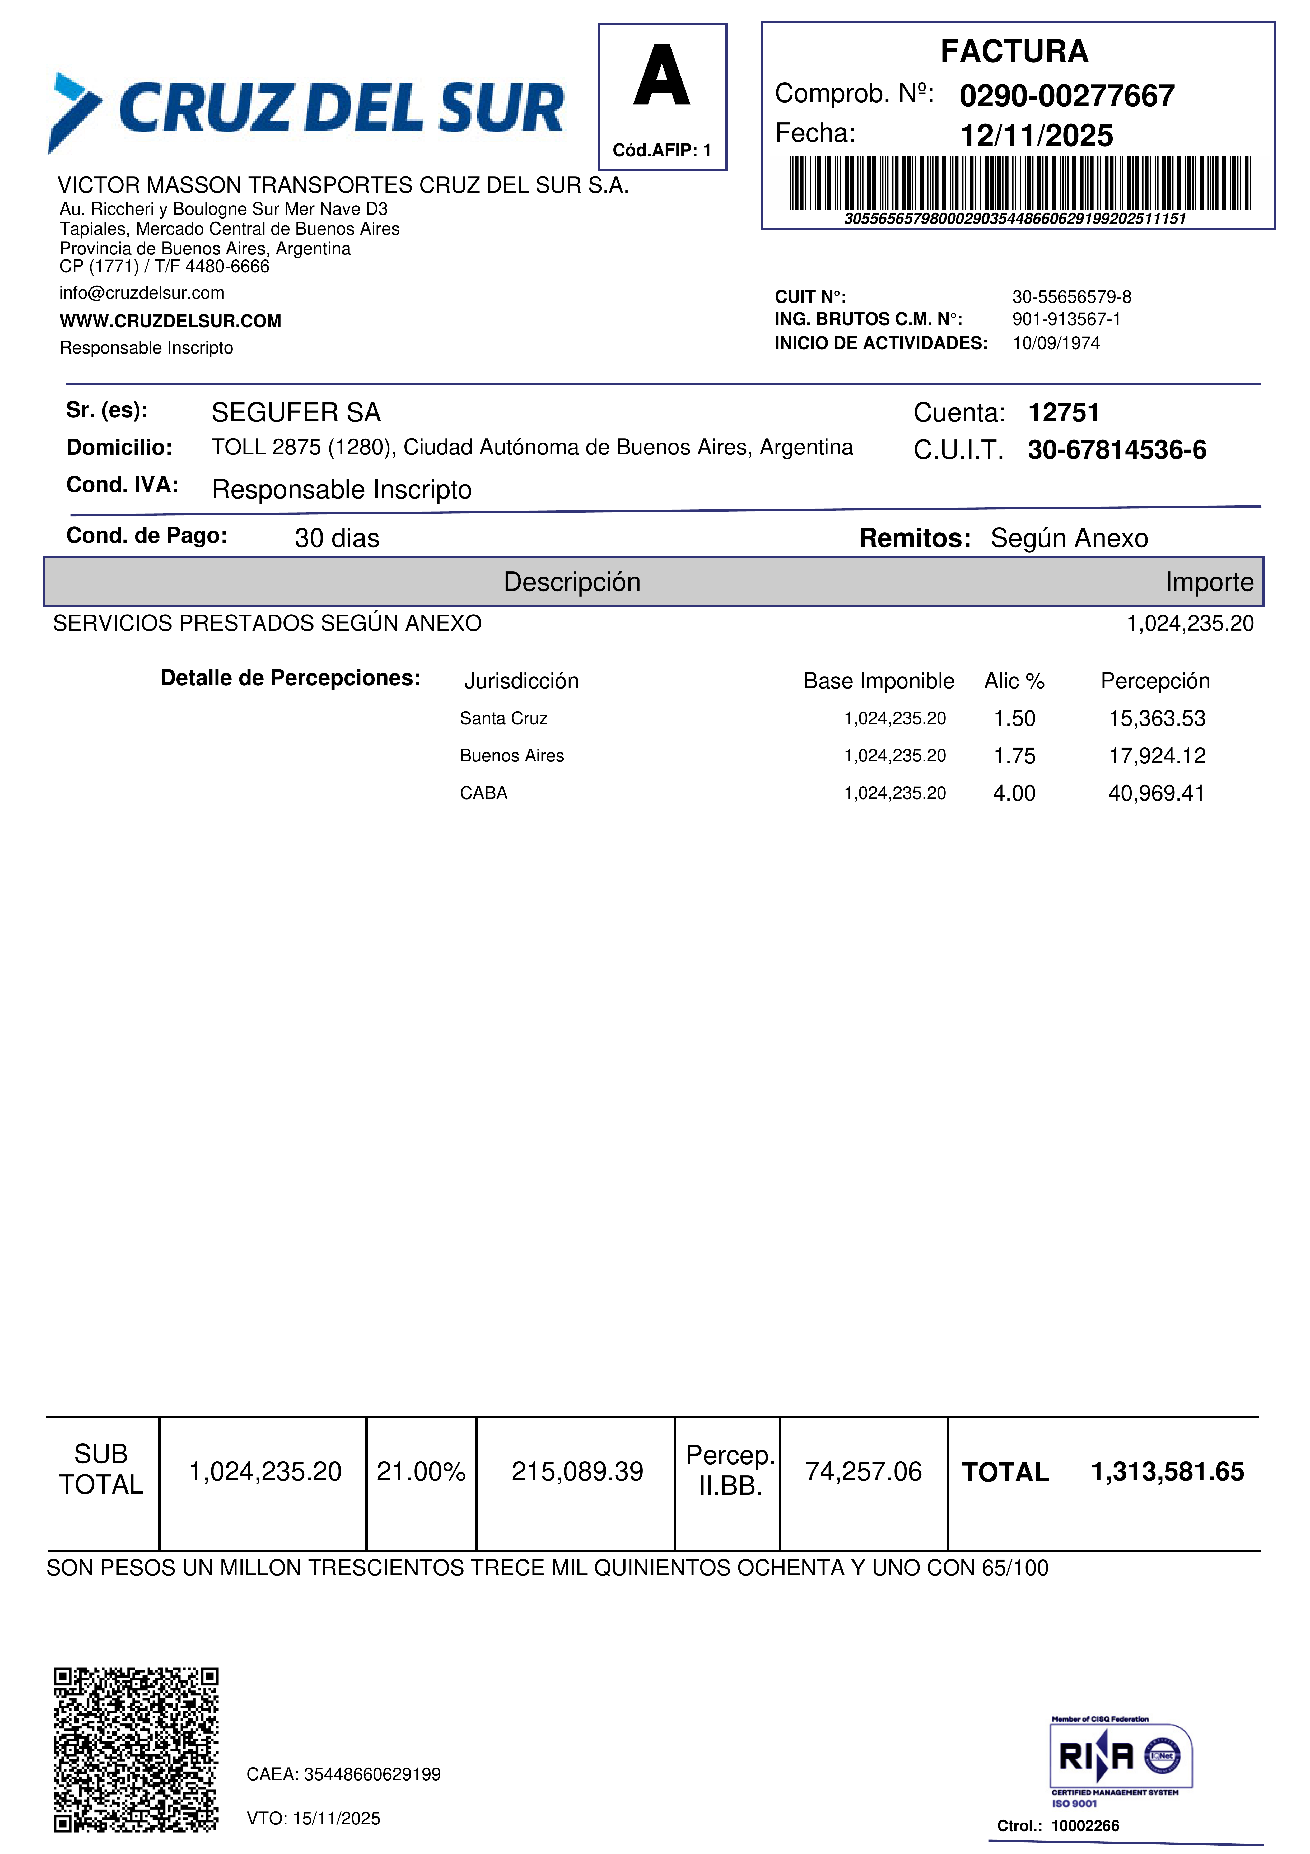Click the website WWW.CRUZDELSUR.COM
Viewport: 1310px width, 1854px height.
tap(170, 321)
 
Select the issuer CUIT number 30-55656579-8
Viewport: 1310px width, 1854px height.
tap(1072, 297)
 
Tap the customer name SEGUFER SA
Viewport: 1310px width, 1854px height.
tap(295, 413)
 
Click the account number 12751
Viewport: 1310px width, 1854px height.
tap(1063, 413)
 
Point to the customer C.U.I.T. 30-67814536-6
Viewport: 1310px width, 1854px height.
tap(1116, 450)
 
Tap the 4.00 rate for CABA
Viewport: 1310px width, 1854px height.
tap(1014, 793)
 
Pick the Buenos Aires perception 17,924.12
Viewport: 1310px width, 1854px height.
tap(1157, 756)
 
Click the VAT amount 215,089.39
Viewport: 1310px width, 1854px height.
tap(577, 1471)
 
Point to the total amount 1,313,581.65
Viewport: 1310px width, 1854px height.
tap(1167, 1471)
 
